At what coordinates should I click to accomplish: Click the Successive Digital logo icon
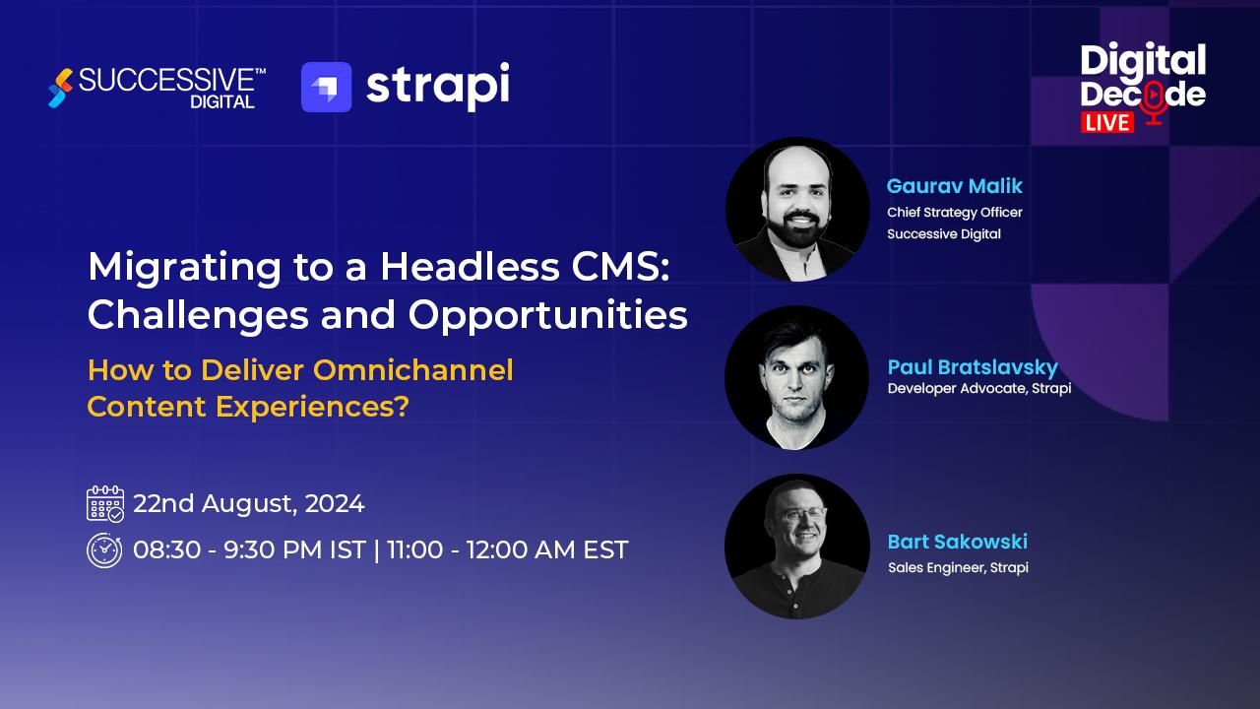coord(60,88)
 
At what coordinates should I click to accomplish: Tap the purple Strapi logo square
coord(326,88)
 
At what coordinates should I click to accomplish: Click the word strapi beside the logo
coord(437,87)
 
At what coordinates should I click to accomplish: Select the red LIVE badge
coord(1107,121)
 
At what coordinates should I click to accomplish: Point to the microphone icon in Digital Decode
coord(1155,100)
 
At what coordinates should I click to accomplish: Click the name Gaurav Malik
coord(954,186)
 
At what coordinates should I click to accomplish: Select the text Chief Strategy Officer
coord(954,213)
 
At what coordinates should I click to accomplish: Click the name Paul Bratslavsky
coord(972,367)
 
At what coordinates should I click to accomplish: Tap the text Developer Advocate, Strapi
coord(978,388)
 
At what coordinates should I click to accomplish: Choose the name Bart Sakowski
coord(957,542)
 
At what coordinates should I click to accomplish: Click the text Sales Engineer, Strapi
coord(957,567)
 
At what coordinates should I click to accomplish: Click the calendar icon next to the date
coord(105,503)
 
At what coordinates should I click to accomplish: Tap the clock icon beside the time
coord(104,550)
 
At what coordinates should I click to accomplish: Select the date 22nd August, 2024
coord(248,504)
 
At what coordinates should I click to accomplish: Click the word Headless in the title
coord(464,267)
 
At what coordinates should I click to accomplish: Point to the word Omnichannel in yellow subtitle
coord(412,370)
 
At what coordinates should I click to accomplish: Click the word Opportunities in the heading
coord(547,315)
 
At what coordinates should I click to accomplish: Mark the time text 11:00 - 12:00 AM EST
coord(507,549)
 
